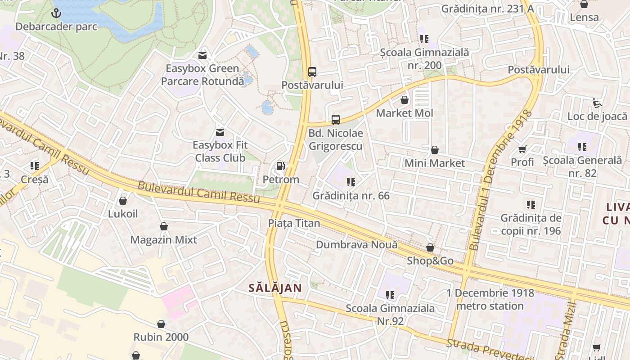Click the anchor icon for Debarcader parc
56,13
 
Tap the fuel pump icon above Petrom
281,166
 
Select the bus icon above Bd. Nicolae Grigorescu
336,120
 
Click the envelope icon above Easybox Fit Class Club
220,132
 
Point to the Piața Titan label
294,223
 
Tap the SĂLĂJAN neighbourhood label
275,288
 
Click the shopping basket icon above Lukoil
123,201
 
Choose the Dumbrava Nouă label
357,245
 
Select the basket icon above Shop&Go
430,248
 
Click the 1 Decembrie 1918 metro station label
490,300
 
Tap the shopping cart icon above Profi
522,149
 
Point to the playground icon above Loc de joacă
597,103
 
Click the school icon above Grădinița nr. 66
351,182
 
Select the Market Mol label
405,113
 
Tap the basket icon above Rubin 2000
161,324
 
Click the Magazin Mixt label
164,240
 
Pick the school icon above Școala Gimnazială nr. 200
424,39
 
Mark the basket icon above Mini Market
435,150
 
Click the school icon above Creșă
34,166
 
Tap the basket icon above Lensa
584,4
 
